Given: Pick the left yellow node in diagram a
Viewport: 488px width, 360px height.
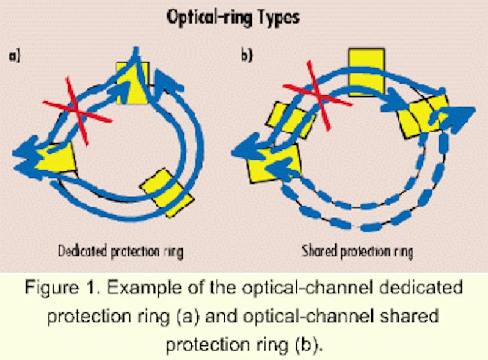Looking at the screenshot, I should coord(56,160).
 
